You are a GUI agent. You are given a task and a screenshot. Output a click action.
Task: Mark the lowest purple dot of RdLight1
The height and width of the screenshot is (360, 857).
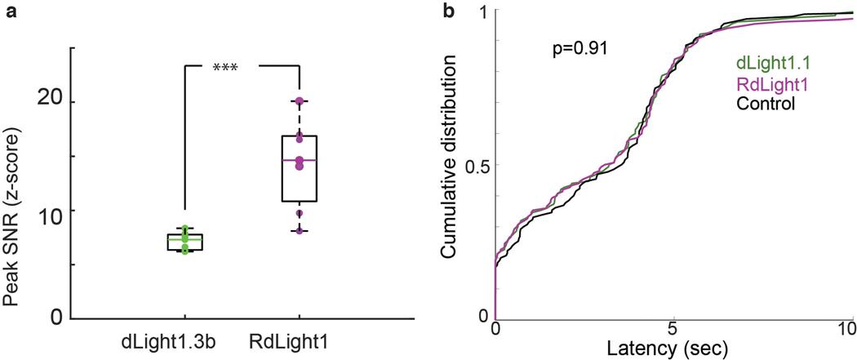coord(300,231)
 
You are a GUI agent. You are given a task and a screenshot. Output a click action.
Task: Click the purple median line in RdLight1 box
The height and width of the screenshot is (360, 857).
coord(300,160)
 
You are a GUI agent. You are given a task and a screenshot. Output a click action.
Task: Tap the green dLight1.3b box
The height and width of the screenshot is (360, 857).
coord(184,242)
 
